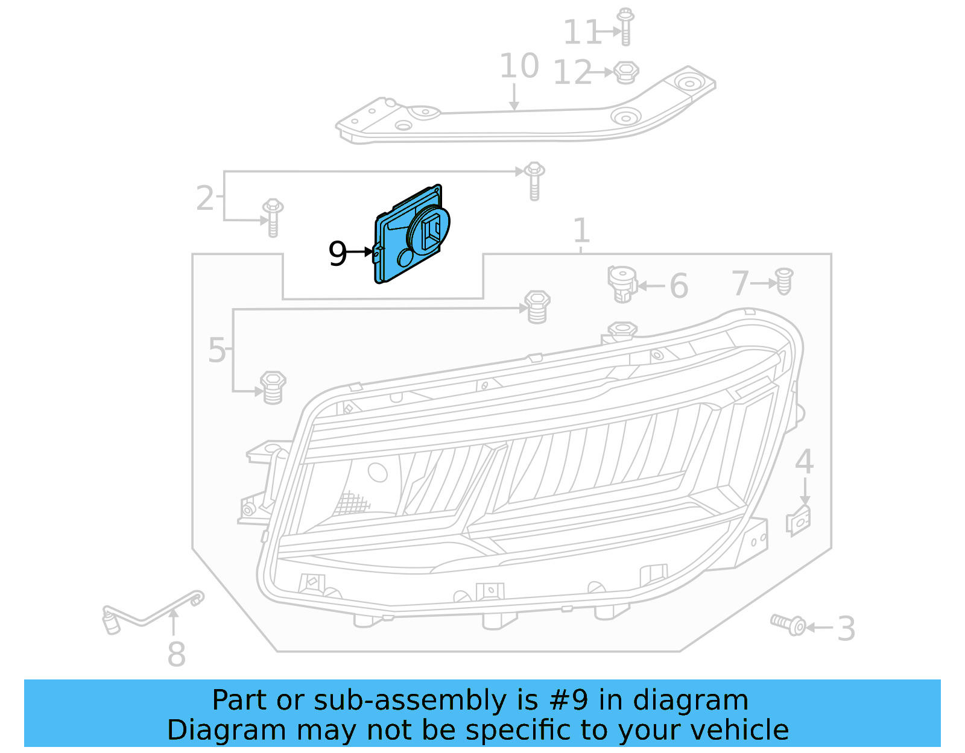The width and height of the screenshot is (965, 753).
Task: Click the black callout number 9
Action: pos(338,253)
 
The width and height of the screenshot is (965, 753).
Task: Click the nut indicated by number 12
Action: pos(626,72)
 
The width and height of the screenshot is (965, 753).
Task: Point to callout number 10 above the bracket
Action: pos(519,66)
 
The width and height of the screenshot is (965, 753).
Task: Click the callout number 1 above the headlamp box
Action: pos(581,230)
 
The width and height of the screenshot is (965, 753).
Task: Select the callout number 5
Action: pos(217,350)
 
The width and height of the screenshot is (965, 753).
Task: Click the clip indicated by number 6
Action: pos(621,283)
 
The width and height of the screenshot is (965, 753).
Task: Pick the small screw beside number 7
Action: pos(783,282)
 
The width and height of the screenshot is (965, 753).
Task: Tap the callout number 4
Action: pos(804,462)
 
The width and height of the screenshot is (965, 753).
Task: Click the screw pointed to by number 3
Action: pos(788,624)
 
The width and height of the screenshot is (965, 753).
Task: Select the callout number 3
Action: pos(846,628)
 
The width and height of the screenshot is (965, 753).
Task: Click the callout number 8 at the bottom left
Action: pos(176,654)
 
